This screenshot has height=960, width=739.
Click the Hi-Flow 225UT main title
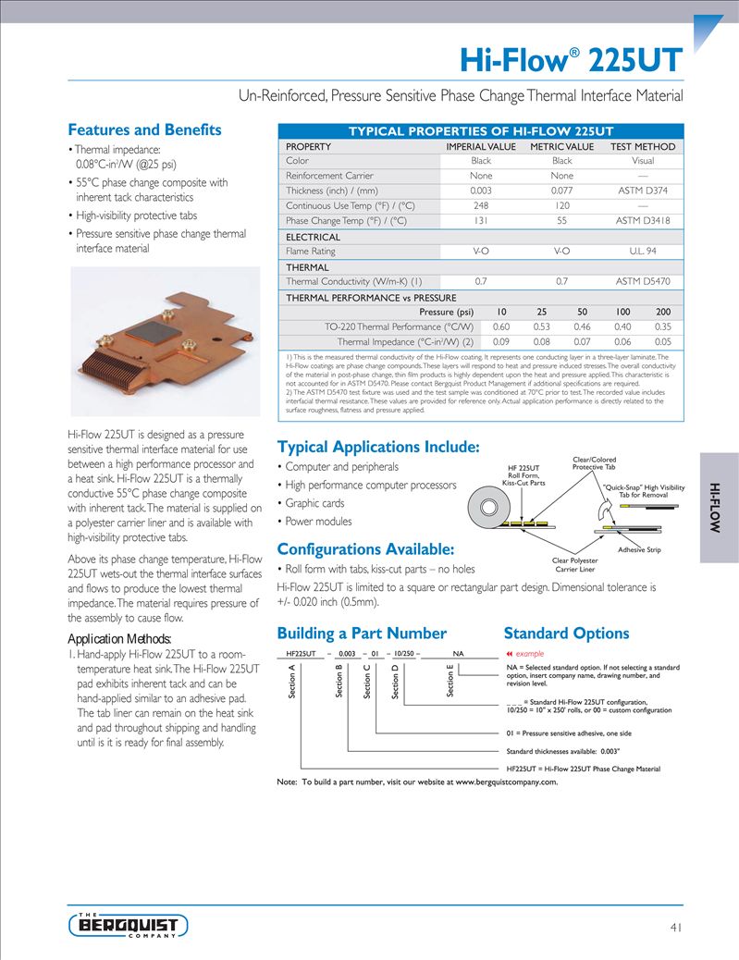[572, 60]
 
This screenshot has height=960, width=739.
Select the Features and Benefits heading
[144, 129]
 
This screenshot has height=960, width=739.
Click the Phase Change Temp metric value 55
[561, 221]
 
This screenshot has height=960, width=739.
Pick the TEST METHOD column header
[643, 146]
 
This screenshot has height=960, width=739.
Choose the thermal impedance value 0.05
[663, 342]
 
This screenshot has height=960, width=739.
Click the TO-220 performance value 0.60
[501, 326]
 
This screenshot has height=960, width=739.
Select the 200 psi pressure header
[663, 312]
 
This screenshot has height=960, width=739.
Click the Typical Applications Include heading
[378, 448]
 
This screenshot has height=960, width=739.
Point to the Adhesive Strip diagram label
[639, 550]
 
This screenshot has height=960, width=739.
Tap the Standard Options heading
[566, 634]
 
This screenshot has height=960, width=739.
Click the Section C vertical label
[367, 682]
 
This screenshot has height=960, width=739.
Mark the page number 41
[675, 927]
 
